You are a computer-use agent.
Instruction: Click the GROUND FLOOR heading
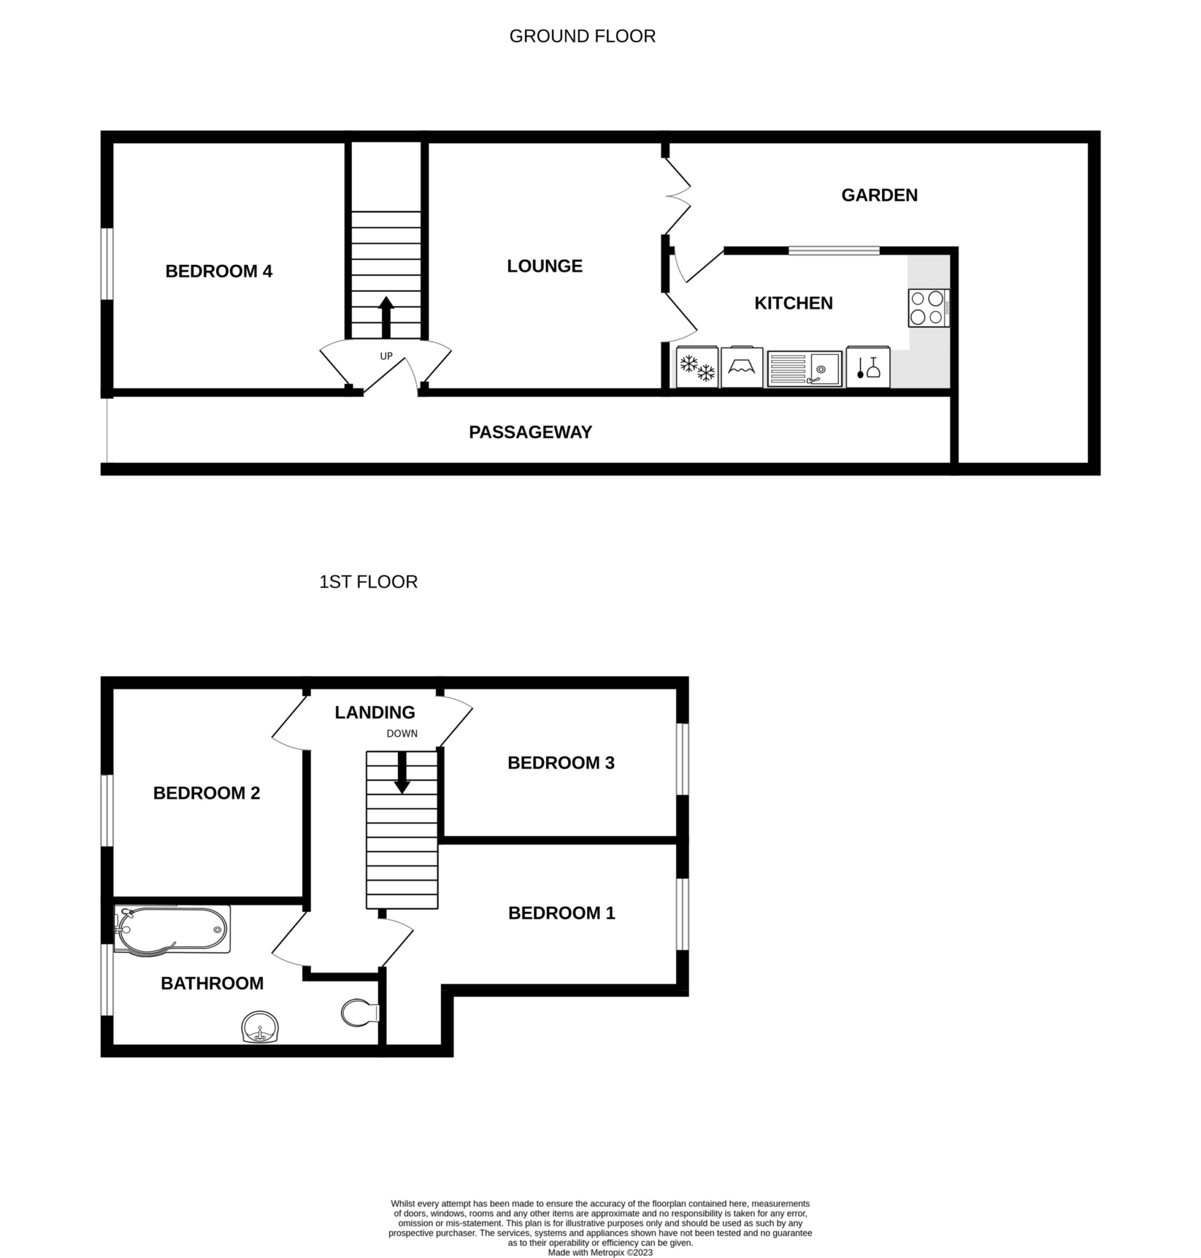(582, 37)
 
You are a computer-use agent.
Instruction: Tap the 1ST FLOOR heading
(368, 582)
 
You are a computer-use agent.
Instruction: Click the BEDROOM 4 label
(219, 271)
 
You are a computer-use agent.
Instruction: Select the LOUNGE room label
(545, 267)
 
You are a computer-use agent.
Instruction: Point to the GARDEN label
(879, 195)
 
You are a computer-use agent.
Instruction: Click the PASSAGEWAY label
(530, 432)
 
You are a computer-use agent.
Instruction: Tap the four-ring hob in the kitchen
(929, 308)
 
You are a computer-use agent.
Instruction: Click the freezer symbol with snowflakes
(697, 367)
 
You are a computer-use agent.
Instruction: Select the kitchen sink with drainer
(805, 369)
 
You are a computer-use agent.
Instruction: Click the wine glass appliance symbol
(868, 367)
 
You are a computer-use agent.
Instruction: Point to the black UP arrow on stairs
(386, 317)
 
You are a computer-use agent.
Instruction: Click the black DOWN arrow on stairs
(402, 772)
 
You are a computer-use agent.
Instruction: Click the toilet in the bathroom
(360, 1013)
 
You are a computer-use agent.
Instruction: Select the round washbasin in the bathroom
(260, 1027)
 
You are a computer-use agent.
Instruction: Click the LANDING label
(375, 713)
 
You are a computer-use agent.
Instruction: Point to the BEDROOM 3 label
(561, 763)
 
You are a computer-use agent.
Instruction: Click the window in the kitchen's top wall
(833, 251)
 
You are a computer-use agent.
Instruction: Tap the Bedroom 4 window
(107, 263)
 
